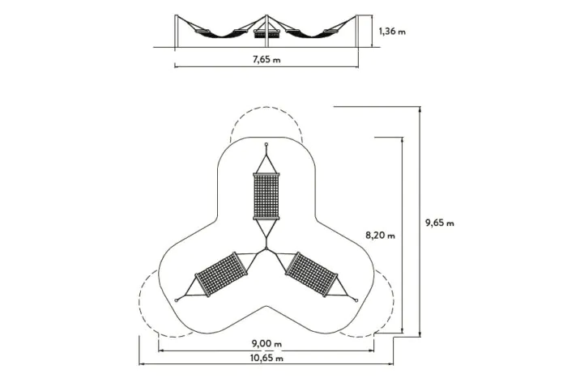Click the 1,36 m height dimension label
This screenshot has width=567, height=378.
tap(392, 32)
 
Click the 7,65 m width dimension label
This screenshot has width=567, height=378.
tap(266, 59)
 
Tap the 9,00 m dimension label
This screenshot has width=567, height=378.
tap(266, 343)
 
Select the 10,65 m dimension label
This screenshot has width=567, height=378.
tap(266, 358)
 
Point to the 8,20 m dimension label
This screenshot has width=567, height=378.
tap(380, 236)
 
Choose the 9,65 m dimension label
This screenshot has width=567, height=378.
tap(439, 223)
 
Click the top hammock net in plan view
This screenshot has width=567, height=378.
tap(266, 196)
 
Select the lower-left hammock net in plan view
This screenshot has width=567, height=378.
tap(222, 274)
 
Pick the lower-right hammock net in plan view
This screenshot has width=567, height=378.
tap(311, 274)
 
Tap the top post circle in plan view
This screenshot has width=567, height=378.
tap(266, 144)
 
